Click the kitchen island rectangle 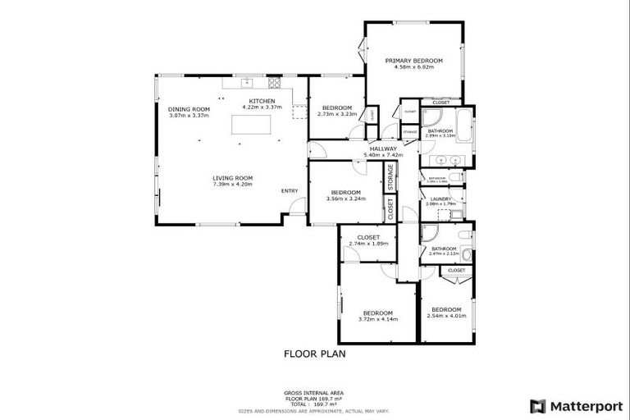point(253,126)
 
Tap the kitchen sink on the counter point(245,83)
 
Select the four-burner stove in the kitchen point(275,83)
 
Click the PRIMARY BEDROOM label point(414,61)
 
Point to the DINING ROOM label point(189,109)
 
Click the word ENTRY point(290,191)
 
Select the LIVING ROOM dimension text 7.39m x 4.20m point(233,185)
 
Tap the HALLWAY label point(383,148)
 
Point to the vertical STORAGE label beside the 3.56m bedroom point(391,177)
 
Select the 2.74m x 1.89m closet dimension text point(367,244)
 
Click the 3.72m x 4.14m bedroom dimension point(378,319)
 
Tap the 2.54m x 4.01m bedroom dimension point(446,315)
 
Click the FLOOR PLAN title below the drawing point(315,354)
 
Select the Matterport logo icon point(537,405)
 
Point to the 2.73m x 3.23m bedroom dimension point(336,114)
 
